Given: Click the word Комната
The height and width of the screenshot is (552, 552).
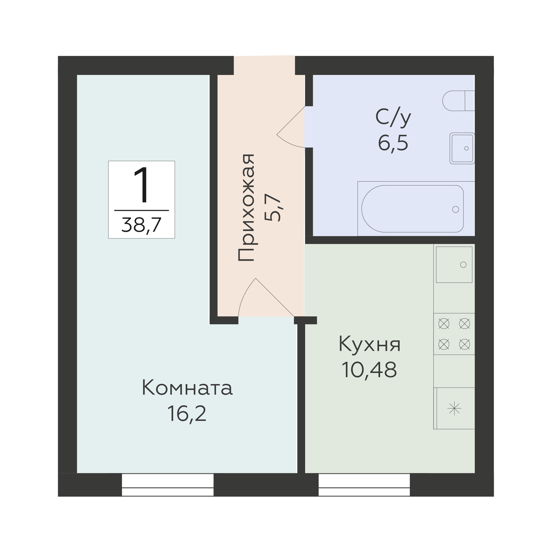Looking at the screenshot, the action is click(x=187, y=388).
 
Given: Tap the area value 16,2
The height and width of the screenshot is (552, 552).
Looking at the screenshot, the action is click(x=187, y=414).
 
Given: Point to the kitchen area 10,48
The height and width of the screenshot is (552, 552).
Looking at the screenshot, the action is click(x=369, y=370).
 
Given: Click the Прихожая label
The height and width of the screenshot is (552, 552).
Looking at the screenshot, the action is click(x=246, y=207).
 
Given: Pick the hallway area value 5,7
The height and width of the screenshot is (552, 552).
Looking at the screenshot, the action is click(x=273, y=208).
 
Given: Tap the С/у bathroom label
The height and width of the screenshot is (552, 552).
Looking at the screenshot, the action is click(x=393, y=117).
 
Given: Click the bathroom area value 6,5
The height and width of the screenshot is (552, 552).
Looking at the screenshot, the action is click(x=393, y=143).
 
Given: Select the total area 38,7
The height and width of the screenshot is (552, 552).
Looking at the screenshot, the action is click(x=142, y=225).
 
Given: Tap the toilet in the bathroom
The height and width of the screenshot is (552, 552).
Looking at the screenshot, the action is click(x=458, y=101).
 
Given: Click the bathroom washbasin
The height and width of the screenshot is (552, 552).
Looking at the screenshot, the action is click(x=462, y=148).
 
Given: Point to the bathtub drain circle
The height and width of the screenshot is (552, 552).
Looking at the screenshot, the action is click(x=456, y=210).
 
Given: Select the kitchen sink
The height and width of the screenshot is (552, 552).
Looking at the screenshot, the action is click(x=454, y=265).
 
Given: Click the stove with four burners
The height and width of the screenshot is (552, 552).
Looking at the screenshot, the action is click(x=454, y=334).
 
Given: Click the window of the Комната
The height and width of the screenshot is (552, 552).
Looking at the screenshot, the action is click(x=168, y=485).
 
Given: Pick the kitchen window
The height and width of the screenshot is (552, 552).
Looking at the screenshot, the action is click(x=364, y=485).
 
